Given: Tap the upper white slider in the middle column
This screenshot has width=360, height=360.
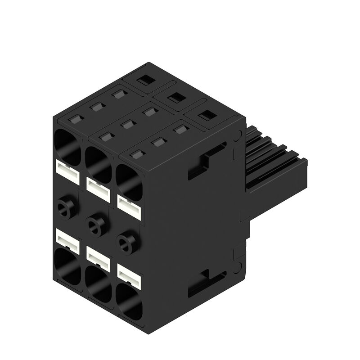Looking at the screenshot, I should (x=98, y=187).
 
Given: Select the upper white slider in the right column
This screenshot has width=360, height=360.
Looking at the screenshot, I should (x=129, y=205).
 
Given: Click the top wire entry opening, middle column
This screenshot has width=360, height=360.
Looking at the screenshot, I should (x=98, y=160).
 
